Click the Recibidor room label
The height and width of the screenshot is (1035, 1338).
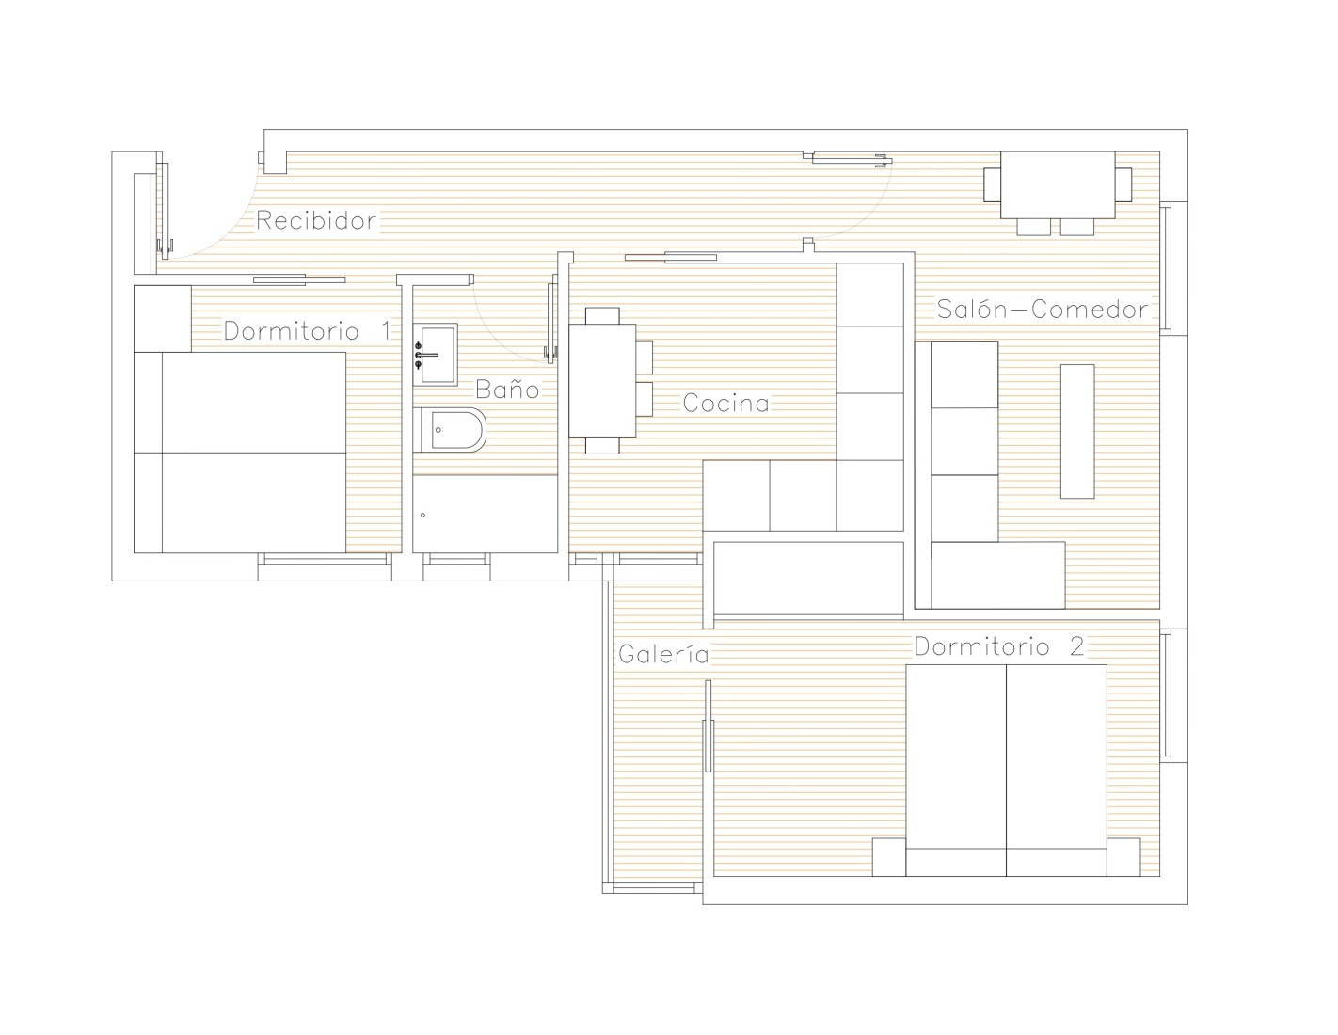coord(316,220)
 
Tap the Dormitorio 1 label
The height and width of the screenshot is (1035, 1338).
coord(307,331)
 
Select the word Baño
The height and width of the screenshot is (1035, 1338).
coord(507,389)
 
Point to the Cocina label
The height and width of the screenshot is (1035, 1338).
coord(726,404)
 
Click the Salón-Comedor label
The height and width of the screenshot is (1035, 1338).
coord(1043,309)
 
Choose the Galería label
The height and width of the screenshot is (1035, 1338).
coord(663,653)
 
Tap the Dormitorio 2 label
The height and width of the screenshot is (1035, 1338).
coord(998,646)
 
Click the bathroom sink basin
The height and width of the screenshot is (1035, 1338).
coord(436,354)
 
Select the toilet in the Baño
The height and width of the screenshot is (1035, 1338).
coord(450,429)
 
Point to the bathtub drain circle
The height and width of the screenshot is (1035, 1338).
coord(423,515)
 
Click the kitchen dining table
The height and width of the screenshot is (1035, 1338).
coord(602,380)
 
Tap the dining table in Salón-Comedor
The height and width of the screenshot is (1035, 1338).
coord(1058,184)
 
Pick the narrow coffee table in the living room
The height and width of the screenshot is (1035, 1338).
coord(1077,431)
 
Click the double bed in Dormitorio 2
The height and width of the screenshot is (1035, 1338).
coord(1006,771)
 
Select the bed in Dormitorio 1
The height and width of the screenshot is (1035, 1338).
coord(240,453)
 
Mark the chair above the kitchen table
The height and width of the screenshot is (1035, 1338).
coord(602,315)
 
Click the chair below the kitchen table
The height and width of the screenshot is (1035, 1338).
coord(602,445)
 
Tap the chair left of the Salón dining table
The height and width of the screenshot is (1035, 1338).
coord(992,184)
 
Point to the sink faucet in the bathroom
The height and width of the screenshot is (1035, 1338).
coord(425,355)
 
